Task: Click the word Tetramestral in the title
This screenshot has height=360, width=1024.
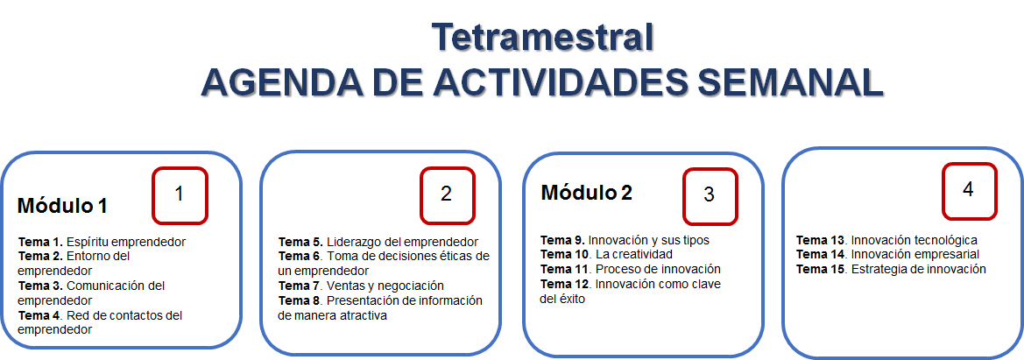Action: (x=543, y=38)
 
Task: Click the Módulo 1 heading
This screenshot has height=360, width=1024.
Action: (x=62, y=206)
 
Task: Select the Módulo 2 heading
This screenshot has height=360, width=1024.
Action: (x=586, y=193)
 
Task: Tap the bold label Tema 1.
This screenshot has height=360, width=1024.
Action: (x=40, y=241)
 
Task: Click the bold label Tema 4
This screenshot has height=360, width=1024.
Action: (x=40, y=315)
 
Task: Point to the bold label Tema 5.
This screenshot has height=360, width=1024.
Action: (x=301, y=241)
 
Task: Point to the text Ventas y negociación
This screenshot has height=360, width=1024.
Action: (x=385, y=286)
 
